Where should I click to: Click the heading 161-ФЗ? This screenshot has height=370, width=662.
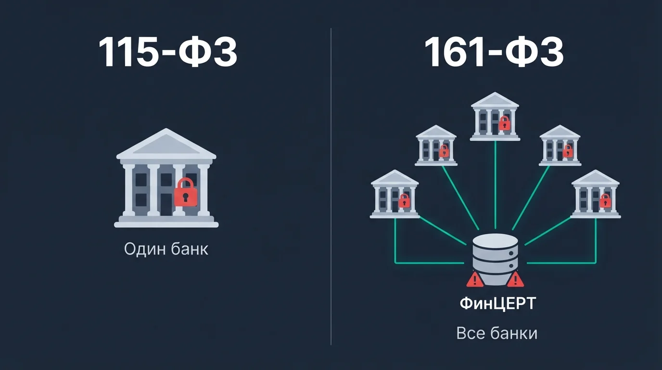494,52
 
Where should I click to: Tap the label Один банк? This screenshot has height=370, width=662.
166,249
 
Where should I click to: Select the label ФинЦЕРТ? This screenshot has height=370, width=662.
497,304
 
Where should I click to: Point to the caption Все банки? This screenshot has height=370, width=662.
497,333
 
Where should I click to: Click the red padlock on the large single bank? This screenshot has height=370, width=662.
186,192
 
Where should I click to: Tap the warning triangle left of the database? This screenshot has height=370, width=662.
475,279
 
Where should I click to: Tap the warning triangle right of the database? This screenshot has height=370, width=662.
515,279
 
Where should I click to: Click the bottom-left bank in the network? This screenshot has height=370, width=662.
395,194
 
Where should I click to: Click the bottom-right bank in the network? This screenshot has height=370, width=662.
596,194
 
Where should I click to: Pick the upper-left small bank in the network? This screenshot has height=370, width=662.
436,145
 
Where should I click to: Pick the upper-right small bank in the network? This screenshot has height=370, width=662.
560,145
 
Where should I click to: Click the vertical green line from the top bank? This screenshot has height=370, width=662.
496,185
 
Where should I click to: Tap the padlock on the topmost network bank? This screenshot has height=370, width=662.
504,123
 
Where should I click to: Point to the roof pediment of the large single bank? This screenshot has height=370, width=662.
166,144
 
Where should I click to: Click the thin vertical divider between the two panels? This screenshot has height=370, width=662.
331,186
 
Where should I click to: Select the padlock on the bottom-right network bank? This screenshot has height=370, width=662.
605,201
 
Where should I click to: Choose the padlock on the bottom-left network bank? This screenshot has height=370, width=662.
404,201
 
